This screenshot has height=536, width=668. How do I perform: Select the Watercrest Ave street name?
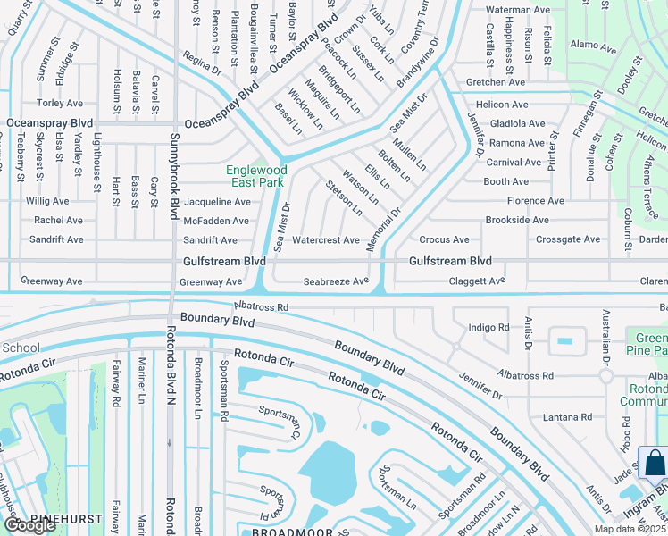326,240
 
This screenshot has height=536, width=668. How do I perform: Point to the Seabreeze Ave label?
336,281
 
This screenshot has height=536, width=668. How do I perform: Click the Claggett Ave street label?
477,281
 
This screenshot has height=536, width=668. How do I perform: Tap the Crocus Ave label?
444,240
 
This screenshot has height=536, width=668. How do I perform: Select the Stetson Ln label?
345,198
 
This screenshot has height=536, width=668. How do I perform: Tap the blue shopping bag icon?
654,463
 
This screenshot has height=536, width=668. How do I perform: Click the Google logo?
29,525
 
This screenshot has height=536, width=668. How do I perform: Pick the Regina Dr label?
201,68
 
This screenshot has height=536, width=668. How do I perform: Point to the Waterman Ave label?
517,9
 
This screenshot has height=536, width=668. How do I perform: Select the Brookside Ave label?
517,220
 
